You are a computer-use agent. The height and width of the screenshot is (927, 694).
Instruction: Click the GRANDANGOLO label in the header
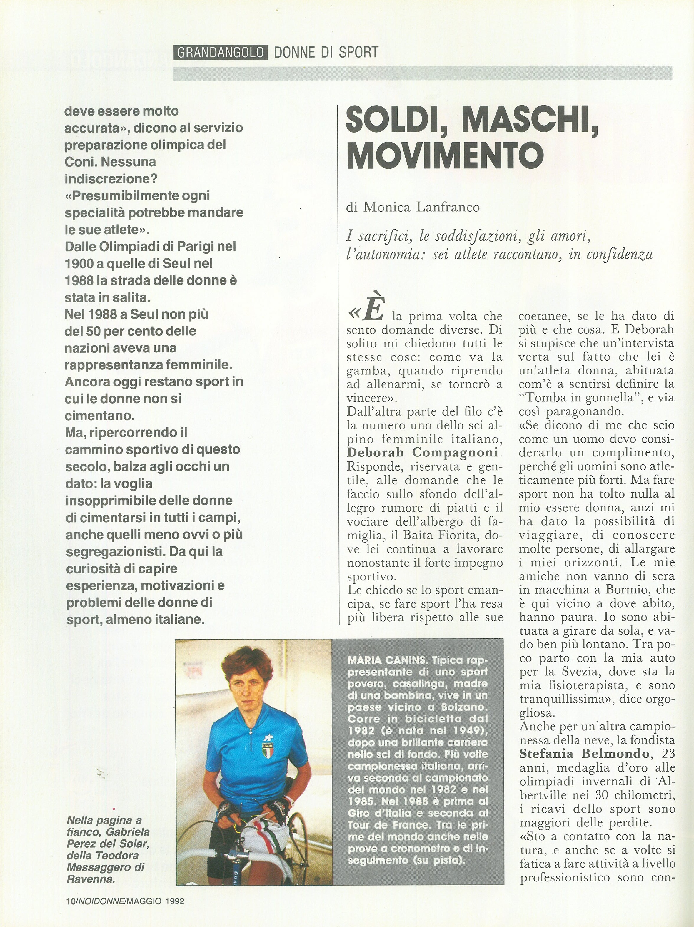click(x=220, y=52)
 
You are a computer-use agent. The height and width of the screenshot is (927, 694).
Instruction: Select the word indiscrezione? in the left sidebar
click(x=111, y=179)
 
